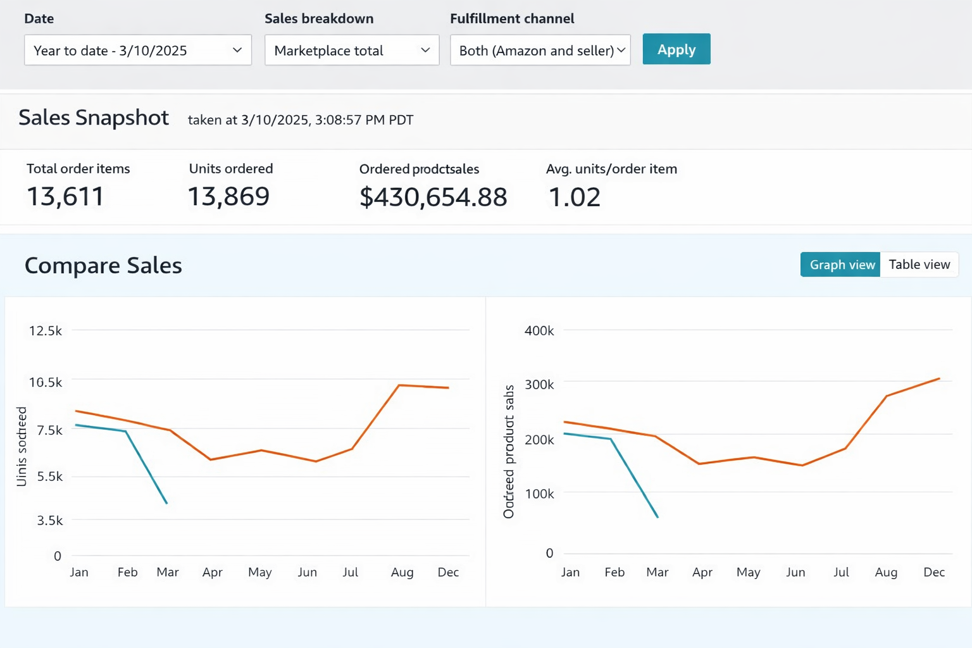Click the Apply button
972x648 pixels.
pos(676,49)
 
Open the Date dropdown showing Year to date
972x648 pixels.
pos(137,51)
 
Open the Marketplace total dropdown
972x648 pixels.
pos(351,51)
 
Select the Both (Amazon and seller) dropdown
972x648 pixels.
pos(540,51)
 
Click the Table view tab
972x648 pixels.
pos(919,265)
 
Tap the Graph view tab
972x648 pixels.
pos(841,265)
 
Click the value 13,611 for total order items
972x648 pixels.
pos(65,197)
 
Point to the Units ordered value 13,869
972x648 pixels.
pos(228,197)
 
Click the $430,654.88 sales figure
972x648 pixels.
pos(433,197)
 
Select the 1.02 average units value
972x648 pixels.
pos(574,197)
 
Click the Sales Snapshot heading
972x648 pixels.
pos(94,118)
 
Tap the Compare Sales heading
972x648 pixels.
pos(103,266)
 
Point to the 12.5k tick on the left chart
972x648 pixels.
pos(46,331)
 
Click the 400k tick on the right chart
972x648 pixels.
pos(539,331)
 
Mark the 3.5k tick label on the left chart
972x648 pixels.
pos(50,521)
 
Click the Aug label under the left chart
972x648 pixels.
pos(402,573)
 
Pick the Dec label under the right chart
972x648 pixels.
pos(934,573)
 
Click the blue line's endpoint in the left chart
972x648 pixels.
pos(166,503)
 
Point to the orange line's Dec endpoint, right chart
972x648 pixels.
pos(939,378)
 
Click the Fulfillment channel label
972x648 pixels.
pos(512,19)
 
